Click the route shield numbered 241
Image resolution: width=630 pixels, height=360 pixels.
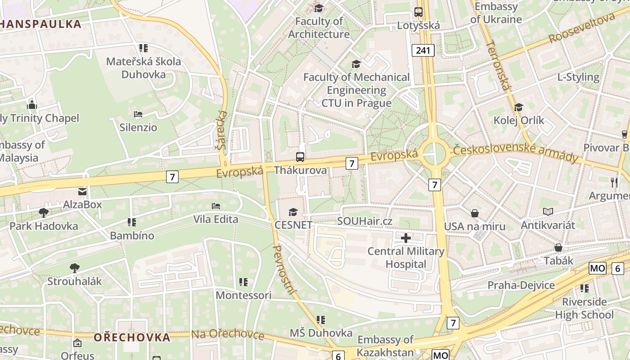click(x=423, y=50)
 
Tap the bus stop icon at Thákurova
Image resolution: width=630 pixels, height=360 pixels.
click(x=300, y=157)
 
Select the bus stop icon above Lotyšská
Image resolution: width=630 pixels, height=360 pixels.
click(x=418, y=12)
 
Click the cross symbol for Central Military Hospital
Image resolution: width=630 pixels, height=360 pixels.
click(x=406, y=238)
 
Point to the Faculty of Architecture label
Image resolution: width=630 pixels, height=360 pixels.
click(x=319, y=27)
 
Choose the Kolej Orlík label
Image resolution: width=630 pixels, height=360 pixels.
click(x=519, y=120)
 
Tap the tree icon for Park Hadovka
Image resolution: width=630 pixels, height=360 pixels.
click(x=44, y=212)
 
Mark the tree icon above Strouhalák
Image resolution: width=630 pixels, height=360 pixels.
click(x=75, y=268)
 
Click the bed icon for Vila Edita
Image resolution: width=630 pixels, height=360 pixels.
click(x=216, y=206)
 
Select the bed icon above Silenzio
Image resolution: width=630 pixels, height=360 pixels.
click(x=138, y=114)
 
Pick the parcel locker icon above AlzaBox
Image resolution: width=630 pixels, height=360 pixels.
click(x=82, y=192)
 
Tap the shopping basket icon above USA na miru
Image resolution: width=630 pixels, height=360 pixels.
click(x=475, y=213)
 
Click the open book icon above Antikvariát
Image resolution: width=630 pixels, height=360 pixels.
click(x=548, y=211)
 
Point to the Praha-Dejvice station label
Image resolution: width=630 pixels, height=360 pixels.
click(x=521, y=285)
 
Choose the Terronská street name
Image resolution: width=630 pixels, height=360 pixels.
click(x=497, y=65)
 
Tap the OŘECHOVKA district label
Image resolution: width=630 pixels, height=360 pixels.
click(x=132, y=337)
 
